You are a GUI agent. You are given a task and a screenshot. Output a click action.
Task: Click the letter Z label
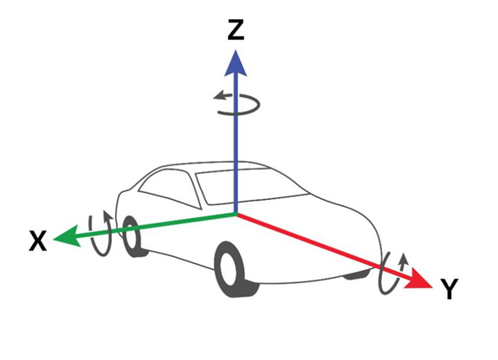click(236, 29)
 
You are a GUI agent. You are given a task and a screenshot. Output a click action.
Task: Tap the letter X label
click(38, 241)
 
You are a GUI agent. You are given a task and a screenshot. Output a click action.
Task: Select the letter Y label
click(449, 288)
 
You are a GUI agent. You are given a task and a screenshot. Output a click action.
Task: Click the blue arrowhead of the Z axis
click(236, 63)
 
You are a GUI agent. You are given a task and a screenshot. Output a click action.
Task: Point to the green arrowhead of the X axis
click(66, 236)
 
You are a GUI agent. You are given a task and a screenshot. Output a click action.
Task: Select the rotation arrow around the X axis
click(101, 233)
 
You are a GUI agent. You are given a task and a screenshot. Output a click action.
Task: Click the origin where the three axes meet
click(236, 214)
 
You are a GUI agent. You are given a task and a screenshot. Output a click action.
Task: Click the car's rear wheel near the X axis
click(133, 236)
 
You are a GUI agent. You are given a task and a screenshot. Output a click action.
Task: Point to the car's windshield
click(251, 186)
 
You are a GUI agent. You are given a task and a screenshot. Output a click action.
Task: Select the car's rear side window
click(171, 189)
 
